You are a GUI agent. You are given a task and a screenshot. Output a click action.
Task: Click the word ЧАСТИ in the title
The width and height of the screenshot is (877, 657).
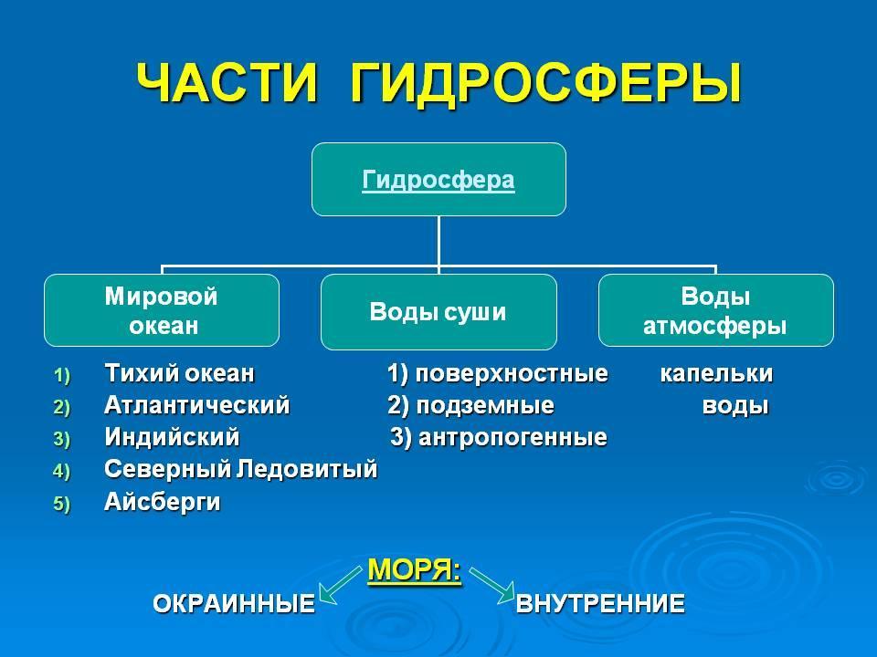tap(227, 83)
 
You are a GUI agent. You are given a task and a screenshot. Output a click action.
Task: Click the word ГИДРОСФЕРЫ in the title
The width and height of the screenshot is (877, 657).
tap(546, 83)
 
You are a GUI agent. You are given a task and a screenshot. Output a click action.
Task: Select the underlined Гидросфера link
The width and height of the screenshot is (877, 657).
tap(438, 181)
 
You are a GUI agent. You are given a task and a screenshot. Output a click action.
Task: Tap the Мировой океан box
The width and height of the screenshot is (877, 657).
tap(162, 310)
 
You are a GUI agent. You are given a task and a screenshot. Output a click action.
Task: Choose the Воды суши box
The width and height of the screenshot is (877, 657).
tap(438, 312)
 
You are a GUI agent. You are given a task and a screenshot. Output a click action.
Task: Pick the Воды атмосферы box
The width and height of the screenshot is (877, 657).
tap(716, 310)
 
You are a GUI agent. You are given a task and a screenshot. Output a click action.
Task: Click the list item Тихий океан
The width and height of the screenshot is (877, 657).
tap(179, 373)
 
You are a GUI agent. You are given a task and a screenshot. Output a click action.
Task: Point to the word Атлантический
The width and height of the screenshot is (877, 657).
tap(197, 405)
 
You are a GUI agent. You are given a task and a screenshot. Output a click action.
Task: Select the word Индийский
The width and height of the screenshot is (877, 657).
tap(172, 437)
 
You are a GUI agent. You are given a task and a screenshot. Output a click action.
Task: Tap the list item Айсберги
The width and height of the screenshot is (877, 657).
tap(163, 501)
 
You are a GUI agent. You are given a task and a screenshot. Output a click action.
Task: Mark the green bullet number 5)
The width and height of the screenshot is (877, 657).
tap(61, 504)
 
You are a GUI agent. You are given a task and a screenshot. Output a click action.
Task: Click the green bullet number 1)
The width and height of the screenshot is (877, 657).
tap(61, 375)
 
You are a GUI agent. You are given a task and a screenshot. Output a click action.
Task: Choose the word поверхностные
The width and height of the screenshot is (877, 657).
tap(512, 373)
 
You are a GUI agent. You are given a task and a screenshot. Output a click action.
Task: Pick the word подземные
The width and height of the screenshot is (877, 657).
tap(485, 405)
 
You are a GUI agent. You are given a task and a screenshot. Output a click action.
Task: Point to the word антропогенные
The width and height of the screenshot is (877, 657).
tap(512, 437)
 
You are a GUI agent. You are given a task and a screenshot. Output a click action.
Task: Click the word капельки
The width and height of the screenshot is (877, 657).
tap(716, 373)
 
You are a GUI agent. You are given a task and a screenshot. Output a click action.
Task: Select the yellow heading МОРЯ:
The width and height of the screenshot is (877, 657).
tap(415, 569)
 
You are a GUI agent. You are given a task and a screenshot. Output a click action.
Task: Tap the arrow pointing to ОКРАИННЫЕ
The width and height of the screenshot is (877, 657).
tap(340, 585)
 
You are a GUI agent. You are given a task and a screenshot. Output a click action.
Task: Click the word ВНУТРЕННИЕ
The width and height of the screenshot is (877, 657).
tap(600, 603)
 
